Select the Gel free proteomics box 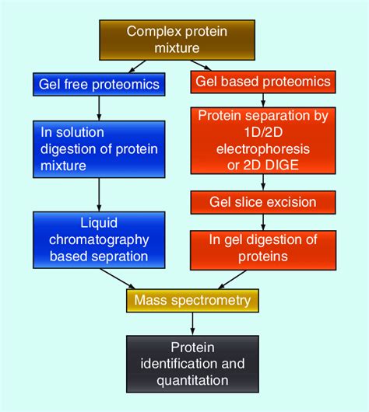tap(99, 84)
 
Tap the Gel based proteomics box tap(262, 82)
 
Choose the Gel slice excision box tap(262, 202)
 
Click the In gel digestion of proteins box tap(262, 248)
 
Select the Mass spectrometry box tap(192, 299)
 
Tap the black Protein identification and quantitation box tap(192, 364)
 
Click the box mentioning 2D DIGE tap(262, 140)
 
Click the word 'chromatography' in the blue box tap(100, 240)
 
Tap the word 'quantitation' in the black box tap(192, 381)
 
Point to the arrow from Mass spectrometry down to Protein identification tap(192, 323)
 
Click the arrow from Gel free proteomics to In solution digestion tap(99, 106)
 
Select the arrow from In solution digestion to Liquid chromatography tap(99, 194)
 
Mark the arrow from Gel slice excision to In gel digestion tap(262, 222)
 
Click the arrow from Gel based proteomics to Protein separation tap(262, 99)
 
